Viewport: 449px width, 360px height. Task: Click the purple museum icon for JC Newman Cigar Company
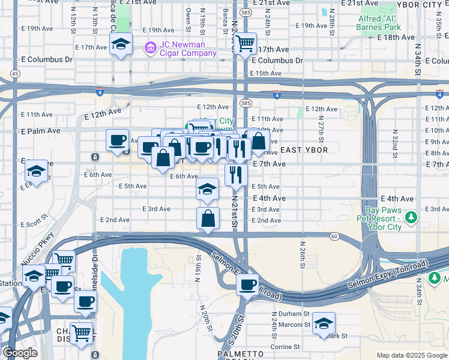coord(149,47)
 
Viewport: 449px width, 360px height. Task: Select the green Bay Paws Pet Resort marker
coord(411,217)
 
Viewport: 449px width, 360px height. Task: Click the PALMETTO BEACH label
coord(241,355)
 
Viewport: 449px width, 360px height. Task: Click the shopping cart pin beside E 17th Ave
coord(245,43)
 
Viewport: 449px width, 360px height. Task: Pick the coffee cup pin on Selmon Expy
coord(247,285)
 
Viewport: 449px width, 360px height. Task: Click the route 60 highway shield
coord(334,236)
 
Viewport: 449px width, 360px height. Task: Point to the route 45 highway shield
coord(14,73)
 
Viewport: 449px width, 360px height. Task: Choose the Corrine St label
coord(285,347)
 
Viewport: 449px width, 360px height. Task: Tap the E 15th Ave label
coord(265,73)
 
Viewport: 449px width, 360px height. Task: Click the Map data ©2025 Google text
coord(411,355)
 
